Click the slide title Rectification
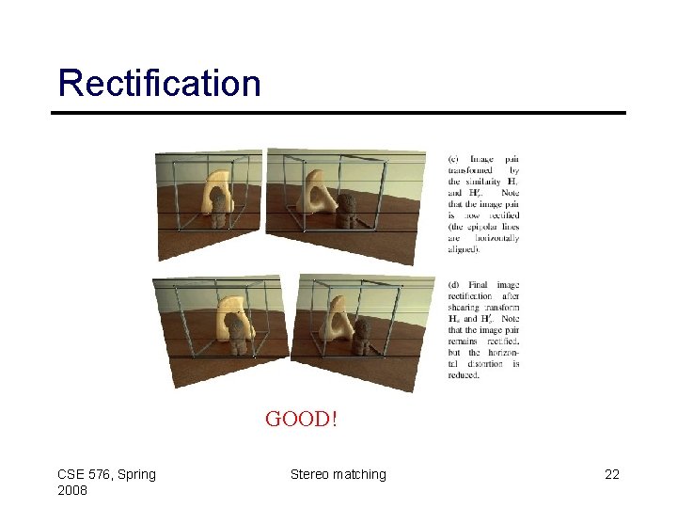[x=159, y=83]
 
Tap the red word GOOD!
[x=301, y=419]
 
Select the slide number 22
[x=611, y=474]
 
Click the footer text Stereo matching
[x=338, y=474]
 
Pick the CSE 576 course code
[x=86, y=474]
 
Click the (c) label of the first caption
[x=455, y=159]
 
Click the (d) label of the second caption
[x=455, y=285]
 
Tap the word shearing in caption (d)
[x=464, y=308]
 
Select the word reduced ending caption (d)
[x=464, y=375]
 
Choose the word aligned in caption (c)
[x=463, y=249]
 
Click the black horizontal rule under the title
[x=338, y=114]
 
